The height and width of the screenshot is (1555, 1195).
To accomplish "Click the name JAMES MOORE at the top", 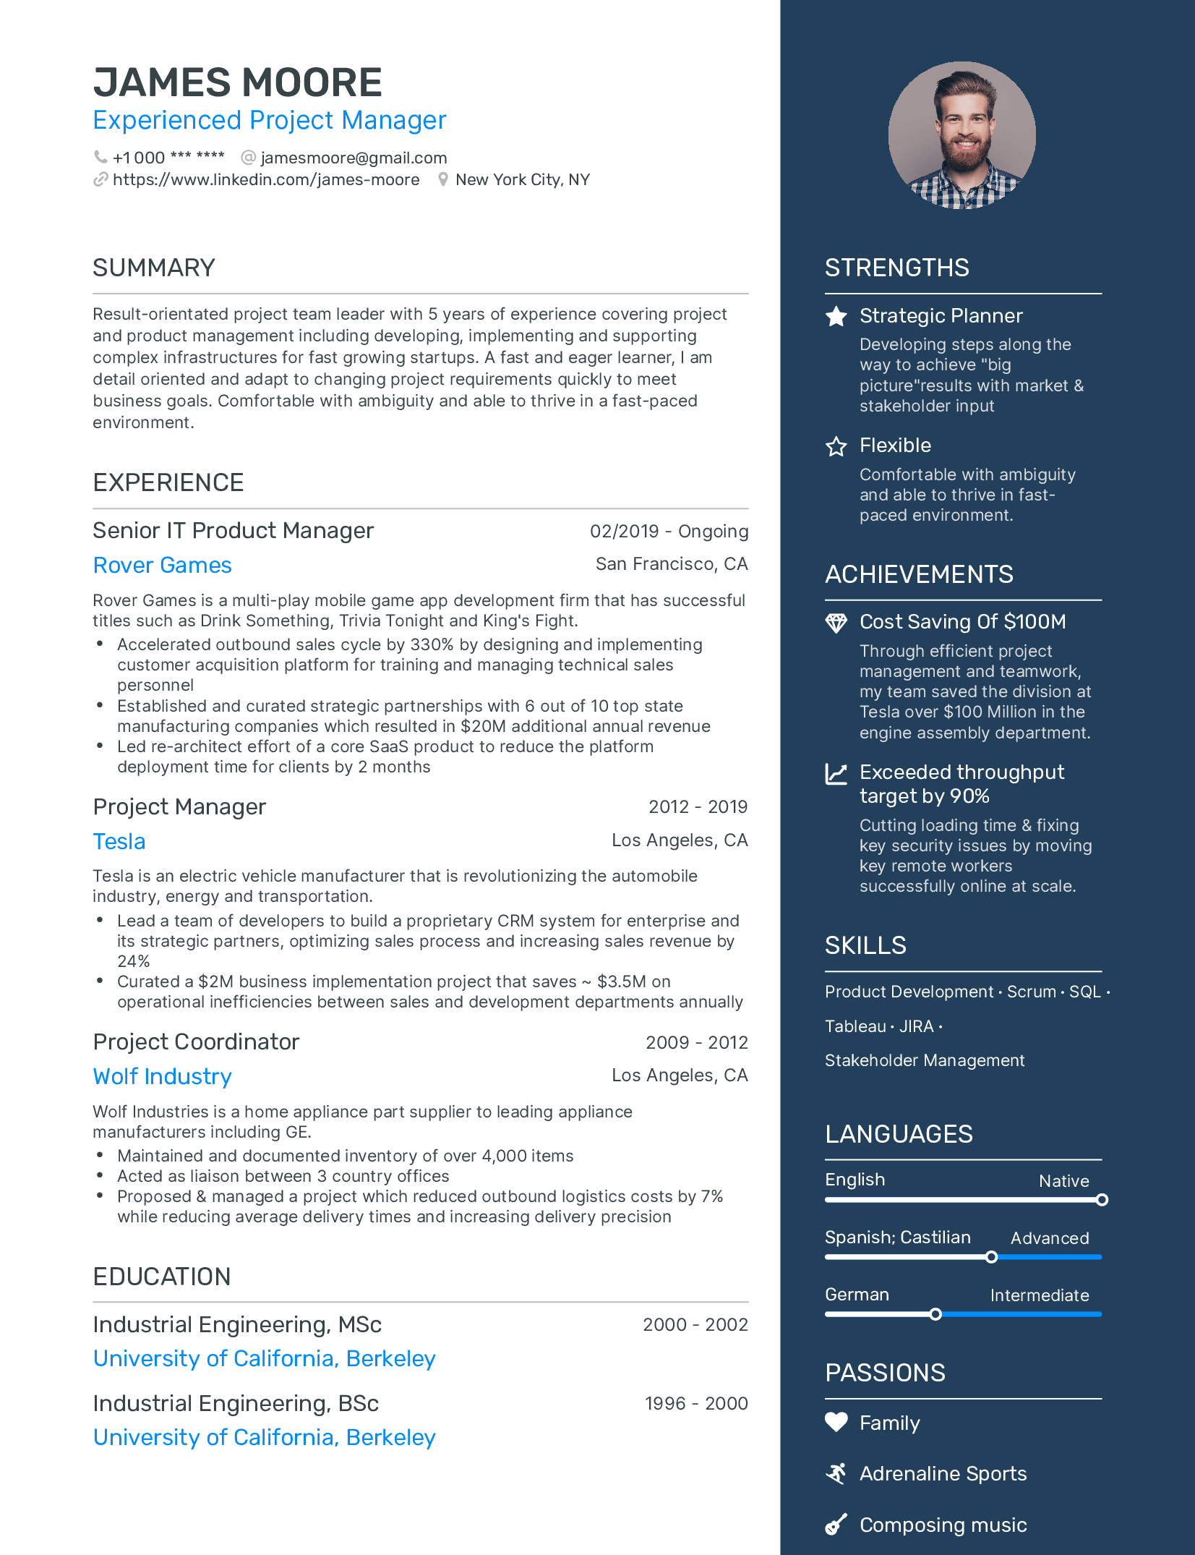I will tap(237, 82).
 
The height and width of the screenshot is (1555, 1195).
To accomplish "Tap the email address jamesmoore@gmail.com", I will tap(353, 158).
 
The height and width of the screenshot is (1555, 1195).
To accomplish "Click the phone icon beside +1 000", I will tap(100, 157).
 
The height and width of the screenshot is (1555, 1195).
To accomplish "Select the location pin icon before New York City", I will tap(443, 179).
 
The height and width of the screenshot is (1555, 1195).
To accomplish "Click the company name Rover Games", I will tap(162, 565).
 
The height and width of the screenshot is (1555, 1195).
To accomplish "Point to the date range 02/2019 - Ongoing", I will tap(669, 531).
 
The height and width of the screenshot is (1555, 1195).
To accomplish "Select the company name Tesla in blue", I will tap(119, 841).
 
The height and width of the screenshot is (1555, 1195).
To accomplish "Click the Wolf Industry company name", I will tap(162, 1076).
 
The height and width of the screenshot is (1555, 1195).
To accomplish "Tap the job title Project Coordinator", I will tap(196, 1041).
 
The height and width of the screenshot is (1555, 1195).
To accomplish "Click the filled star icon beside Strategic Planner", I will tap(836, 316).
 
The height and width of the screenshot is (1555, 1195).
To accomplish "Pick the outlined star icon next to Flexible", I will tap(836, 446).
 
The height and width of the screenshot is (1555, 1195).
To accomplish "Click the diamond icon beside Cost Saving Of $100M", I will tap(836, 623).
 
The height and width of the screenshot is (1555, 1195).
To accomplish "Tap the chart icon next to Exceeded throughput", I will tap(836, 774).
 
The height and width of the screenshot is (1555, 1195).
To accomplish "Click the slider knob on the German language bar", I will tap(935, 1314).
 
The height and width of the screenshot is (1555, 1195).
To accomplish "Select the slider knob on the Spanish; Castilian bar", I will tap(992, 1257).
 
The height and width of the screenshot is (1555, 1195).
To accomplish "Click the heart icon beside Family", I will tap(836, 1422).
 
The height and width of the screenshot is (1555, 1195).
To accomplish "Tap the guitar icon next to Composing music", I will tap(836, 1525).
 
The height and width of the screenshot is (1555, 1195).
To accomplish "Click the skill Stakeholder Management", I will tap(925, 1060).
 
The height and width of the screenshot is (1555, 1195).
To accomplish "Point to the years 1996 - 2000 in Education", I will tap(695, 1403).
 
